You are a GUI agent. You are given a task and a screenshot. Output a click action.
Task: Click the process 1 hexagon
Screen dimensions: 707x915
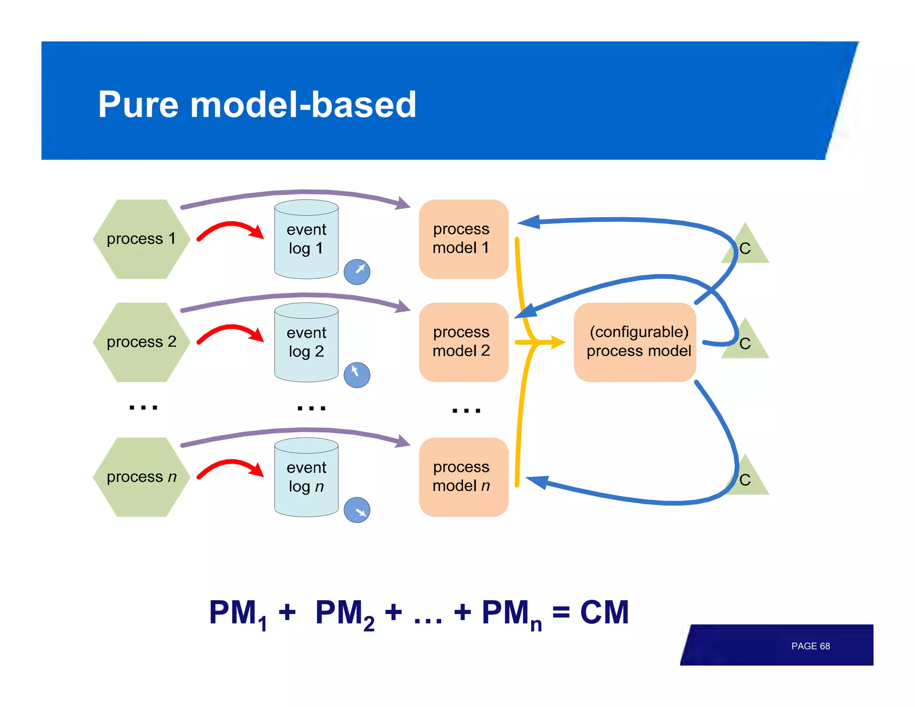[x=141, y=239]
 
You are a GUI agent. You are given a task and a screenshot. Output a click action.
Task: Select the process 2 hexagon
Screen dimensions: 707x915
[x=141, y=342]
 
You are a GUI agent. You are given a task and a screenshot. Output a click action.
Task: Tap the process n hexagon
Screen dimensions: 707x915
[x=141, y=477]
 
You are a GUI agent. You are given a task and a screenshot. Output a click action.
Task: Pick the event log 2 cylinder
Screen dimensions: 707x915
[x=306, y=343]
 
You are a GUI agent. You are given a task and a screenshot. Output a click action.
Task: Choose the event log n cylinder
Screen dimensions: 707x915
[x=306, y=478]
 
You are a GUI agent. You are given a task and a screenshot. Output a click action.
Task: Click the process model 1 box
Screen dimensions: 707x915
[x=463, y=239]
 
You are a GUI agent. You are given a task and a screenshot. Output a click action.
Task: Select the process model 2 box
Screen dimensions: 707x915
[x=463, y=342]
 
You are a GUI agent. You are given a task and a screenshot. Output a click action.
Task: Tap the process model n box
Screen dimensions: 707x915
[x=463, y=477]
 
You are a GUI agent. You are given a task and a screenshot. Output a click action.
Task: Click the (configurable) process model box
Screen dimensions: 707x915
[x=635, y=342]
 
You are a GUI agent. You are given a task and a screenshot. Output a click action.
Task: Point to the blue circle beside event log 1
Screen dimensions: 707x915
[x=357, y=272]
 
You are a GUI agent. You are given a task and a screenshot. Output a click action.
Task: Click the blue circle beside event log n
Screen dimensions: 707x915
[x=357, y=510]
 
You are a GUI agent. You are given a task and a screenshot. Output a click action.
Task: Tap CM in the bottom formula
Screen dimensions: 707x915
[x=604, y=612]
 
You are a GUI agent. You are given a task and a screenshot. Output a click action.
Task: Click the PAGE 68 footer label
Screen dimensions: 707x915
[x=810, y=646]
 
